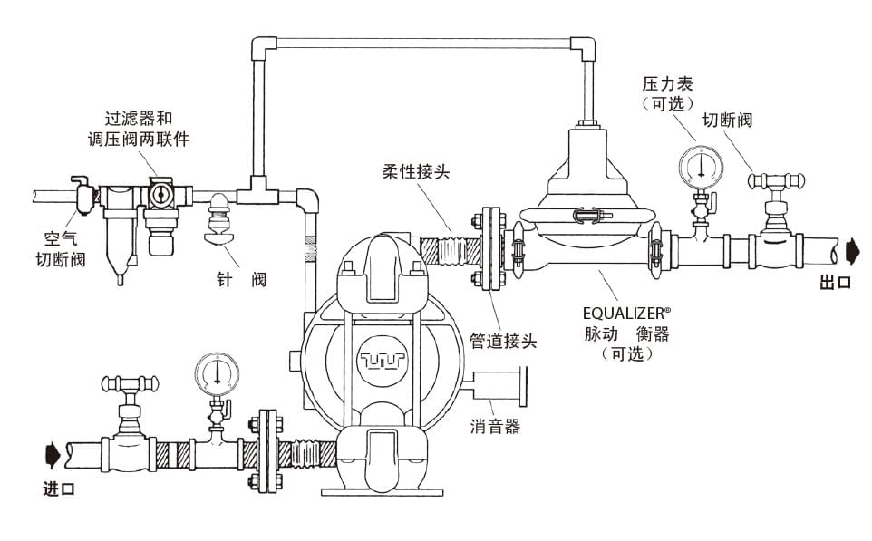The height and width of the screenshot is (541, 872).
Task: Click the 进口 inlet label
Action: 59,489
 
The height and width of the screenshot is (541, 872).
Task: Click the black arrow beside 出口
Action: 851,248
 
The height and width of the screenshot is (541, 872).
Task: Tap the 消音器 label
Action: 495,427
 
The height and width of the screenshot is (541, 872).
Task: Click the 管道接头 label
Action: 503,342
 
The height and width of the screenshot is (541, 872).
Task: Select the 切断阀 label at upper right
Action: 729,121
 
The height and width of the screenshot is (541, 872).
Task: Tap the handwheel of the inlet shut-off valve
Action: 132,382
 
